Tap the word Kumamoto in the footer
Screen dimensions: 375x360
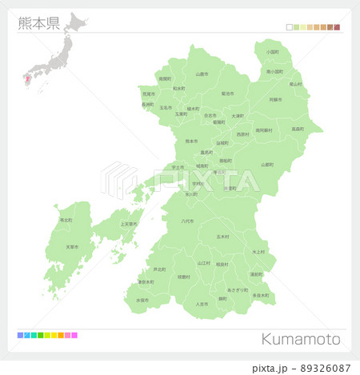[301, 339]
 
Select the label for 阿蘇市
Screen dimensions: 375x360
[275, 99]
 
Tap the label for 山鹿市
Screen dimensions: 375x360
[202, 74]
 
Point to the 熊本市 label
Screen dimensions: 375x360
[191, 141]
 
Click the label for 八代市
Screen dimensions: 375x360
[188, 221]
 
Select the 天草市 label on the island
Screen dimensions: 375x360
[72, 247]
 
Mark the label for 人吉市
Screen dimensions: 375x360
[202, 304]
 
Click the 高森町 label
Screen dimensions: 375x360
[297, 129]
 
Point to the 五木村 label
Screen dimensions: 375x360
[222, 237]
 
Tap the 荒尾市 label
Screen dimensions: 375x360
[148, 93]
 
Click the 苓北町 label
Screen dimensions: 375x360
[65, 219]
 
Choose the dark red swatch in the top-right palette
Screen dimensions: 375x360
[337, 27]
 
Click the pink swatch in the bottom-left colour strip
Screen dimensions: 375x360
[74, 335]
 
